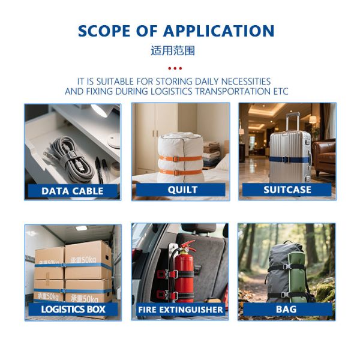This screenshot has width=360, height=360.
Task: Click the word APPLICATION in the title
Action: pos(218,31)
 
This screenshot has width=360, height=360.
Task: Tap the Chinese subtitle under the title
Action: pos(173,51)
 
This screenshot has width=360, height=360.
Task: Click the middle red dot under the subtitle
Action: pos(175,68)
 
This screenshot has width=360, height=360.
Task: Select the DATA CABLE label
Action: pos(73,191)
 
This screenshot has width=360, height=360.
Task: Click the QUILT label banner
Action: pos(181,190)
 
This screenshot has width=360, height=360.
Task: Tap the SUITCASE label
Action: pos(287,190)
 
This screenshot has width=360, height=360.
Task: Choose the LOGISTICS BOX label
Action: pos(73,309)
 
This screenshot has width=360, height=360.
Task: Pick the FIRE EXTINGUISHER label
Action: pos(181,310)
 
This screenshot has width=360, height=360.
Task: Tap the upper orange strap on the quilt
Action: pos(181,158)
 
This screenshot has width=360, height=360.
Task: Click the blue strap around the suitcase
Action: pos(290,160)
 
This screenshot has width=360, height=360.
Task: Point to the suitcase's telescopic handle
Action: pos(293,122)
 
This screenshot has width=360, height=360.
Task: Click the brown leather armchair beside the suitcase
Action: pos(324,158)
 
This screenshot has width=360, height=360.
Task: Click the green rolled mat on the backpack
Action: pos(297,277)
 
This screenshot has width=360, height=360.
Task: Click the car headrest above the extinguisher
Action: pos(199,228)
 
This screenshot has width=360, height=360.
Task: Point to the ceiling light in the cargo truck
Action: pos(82,228)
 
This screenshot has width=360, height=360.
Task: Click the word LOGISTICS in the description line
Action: pos(171,91)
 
